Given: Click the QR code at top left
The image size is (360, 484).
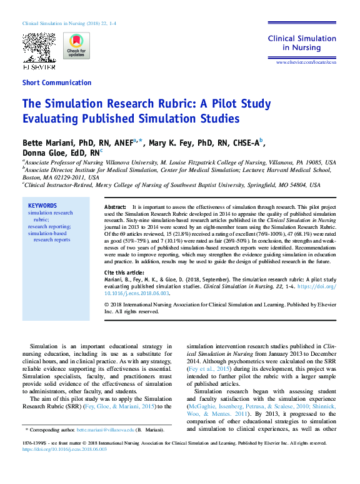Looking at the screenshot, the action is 39,47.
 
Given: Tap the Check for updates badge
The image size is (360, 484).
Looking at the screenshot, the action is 76,46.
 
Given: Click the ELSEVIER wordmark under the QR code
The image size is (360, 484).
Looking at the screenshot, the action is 39,66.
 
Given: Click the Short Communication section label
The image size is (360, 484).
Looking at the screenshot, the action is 57,83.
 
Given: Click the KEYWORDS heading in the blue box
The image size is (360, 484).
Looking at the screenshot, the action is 42,206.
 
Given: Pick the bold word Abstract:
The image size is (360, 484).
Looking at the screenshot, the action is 115,206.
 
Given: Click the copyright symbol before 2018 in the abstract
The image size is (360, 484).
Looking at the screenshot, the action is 106,305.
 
